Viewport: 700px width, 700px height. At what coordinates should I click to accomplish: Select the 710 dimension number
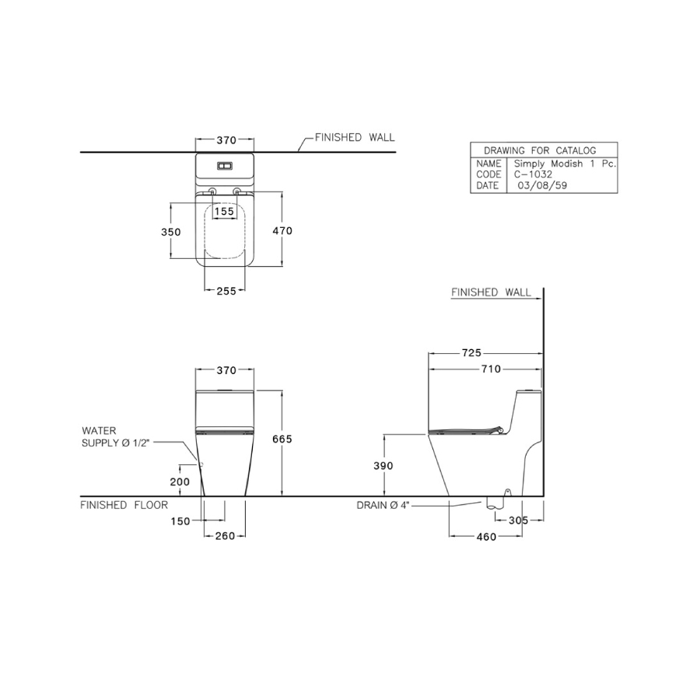(491, 369)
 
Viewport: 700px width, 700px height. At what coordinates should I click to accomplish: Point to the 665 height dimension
(282, 439)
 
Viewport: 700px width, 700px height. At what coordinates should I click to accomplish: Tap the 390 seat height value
(383, 466)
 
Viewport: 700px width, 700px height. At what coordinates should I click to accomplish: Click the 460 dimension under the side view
(486, 537)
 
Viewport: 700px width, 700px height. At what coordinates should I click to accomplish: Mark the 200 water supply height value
(180, 481)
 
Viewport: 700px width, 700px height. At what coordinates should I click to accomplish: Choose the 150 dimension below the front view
(180, 521)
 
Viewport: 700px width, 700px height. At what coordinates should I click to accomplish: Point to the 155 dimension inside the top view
(224, 212)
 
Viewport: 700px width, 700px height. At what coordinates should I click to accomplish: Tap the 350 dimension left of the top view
(171, 232)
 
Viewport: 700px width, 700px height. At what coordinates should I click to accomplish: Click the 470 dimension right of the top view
(282, 231)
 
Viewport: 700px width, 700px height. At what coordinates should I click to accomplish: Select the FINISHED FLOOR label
(124, 505)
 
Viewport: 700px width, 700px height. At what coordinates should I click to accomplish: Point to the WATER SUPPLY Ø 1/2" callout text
(114, 436)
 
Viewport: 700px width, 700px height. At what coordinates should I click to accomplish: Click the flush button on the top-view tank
(225, 166)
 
